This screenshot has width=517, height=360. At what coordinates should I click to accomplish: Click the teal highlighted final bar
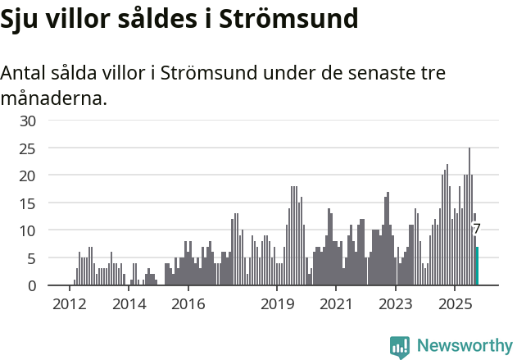click(477, 266)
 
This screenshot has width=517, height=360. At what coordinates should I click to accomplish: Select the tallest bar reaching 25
click(469, 216)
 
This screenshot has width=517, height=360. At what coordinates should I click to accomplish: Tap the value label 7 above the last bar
click(477, 230)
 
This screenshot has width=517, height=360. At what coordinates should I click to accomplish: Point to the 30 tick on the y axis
click(28, 121)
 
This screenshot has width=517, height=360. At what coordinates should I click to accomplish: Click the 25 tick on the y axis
click(28, 148)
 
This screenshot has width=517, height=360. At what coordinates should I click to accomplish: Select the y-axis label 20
click(28, 175)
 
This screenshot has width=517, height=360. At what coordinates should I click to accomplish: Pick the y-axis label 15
click(28, 203)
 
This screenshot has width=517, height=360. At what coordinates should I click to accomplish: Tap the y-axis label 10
click(28, 230)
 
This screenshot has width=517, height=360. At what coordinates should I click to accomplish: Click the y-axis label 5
click(32, 258)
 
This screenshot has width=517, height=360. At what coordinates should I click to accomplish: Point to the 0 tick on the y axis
click(32, 285)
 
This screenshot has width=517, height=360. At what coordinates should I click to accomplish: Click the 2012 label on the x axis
click(69, 304)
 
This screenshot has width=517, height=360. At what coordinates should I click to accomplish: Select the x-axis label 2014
click(129, 304)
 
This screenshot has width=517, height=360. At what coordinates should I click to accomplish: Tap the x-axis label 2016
click(188, 304)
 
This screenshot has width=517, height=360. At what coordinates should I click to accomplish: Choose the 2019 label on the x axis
click(277, 304)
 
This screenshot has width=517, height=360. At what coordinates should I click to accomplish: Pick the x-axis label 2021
click(336, 304)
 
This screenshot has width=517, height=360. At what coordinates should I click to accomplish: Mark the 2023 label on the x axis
click(395, 304)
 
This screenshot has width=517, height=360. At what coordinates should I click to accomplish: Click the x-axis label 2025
click(455, 304)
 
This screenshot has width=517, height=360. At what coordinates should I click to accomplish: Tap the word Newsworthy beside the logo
click(465, 346)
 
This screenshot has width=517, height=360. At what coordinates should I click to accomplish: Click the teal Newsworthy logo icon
click(400, 347)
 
